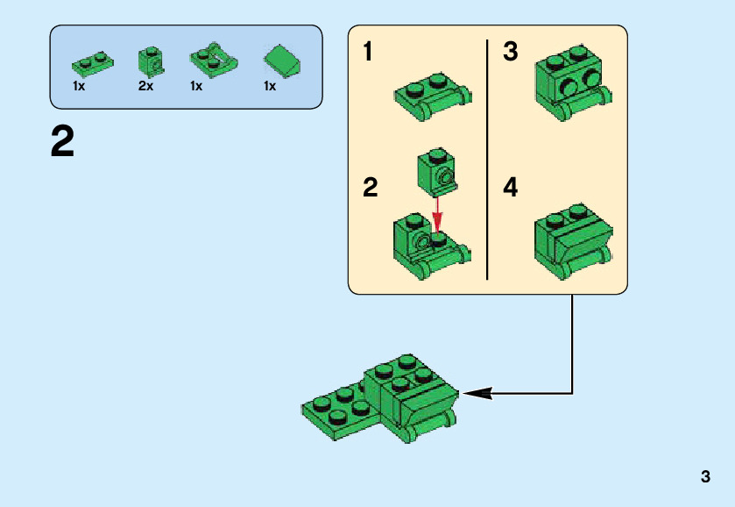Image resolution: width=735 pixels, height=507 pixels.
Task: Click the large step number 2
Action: (x=63, y=142)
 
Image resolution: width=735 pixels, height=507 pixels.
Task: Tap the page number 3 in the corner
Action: (x=705, y=477)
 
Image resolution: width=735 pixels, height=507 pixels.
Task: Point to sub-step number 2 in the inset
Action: (x=371, y=187)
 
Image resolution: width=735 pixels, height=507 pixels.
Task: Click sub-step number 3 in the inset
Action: (x=511, y=52)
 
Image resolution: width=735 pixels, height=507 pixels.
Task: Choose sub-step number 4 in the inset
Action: (x=511, y=187)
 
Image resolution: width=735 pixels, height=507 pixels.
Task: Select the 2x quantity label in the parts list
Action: (x=145, y=86)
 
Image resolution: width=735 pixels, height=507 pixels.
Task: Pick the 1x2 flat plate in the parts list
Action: (x=92, y=62)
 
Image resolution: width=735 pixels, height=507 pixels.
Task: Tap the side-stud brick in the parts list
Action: (x=149, y=60)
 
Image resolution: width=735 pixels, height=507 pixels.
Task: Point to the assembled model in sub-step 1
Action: (x=433, y=98)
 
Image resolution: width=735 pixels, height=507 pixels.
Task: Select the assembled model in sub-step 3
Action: (x=574, y=82)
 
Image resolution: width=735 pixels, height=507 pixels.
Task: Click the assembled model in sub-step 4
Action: (x=572, y=240)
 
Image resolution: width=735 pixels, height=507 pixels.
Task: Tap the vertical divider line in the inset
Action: (x=487, y=158)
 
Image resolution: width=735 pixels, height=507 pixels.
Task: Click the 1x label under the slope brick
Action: (x=270, y=86)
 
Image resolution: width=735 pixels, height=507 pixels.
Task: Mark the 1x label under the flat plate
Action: (x=79, y=86)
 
